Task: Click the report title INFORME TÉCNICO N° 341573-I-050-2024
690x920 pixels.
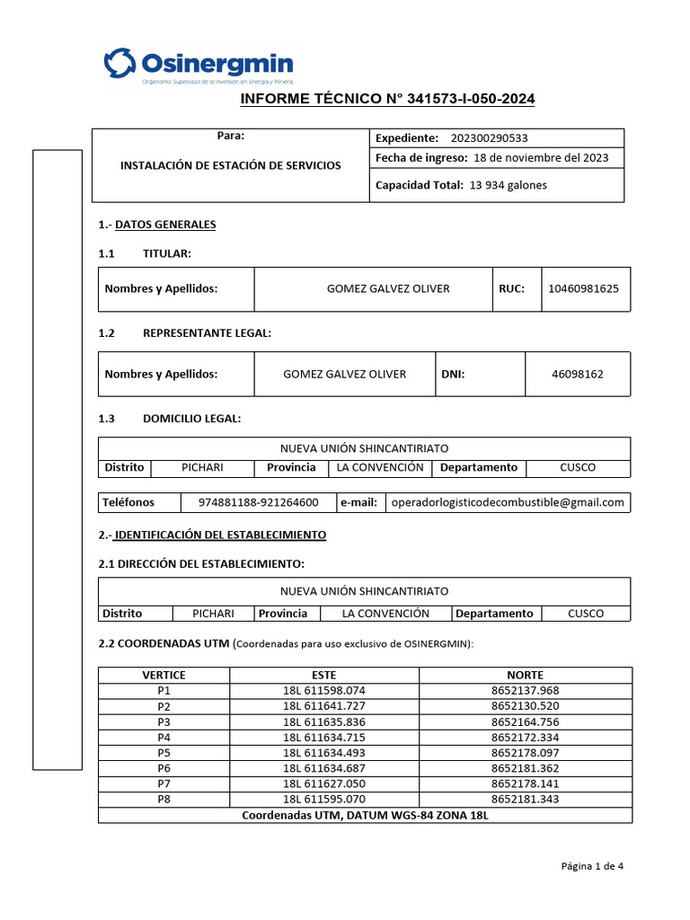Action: click(x=388, y=99)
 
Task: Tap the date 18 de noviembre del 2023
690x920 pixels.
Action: click(x=540, y=157)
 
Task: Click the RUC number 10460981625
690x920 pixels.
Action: click(x=584, y=288)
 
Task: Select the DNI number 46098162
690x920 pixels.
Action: click(x=577, y=374)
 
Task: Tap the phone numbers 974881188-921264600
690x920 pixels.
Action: click(x=258, y=502)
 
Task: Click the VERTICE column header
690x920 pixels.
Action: click(x=164, y=675)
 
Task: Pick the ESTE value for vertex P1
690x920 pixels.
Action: click(x=324, y=690)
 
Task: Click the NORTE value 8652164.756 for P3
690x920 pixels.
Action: click(x=525, y=721)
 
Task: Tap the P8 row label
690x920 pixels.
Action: click(x=164, y=799)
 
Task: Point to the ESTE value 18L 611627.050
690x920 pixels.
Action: click(x=324, y=783)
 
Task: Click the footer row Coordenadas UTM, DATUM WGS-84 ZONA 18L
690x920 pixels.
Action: click(x=365, y=815)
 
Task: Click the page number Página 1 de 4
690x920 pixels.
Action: click(x=592, y=866)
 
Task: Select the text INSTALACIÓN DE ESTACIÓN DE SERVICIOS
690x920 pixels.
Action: click(x=231, y=165)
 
